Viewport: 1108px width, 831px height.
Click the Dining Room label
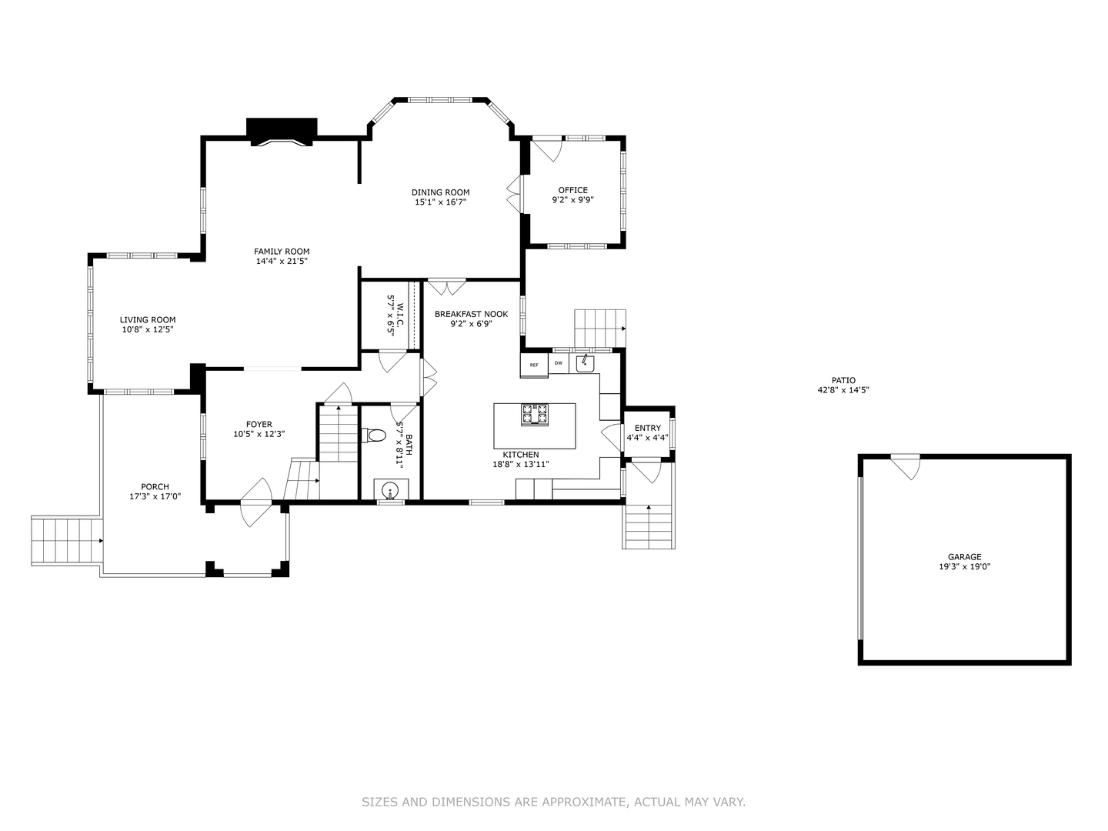pyautogui.click(x=440, y=192)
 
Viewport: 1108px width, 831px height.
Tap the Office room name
pyautogui.click(x=572, y=190)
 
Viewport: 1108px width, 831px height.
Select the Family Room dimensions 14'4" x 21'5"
pyautogui.click(x=282, y=262)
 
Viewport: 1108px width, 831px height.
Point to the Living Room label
pyautogui.click(x=147, y=320)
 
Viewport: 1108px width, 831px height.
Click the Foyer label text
pyautogui.click(x=259, y=424)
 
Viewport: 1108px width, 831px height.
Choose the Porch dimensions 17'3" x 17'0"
pyautogui.click(x=155, y=496)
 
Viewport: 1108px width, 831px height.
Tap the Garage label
pyautogui.click(x=964, y=557)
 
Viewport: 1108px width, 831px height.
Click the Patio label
pyautogui.click(x=843, y=380)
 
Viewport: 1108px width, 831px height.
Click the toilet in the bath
pyautogui.click(x=376, y=436)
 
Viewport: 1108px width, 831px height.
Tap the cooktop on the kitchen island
pyautogui.click(x=535, y=414)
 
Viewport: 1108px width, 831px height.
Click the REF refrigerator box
pyautogui.click(x=534, y=365)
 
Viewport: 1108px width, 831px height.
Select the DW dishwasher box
pyautogui.click(x=559, y=363)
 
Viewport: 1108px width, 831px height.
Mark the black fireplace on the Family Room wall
pyautogui.click(x=282, y=130)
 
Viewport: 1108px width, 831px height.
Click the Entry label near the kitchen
pyautogui.click(x=647, y=429)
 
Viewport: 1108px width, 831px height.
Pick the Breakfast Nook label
pyautogui.click(x=471, y=314)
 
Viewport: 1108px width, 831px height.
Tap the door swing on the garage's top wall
pyautogui.click(x=906, y=466)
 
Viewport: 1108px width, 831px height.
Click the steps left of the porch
pyautogui.click(x=66, y=541)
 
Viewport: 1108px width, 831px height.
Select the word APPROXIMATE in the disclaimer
pyautogui.click(x=583, y=802)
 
